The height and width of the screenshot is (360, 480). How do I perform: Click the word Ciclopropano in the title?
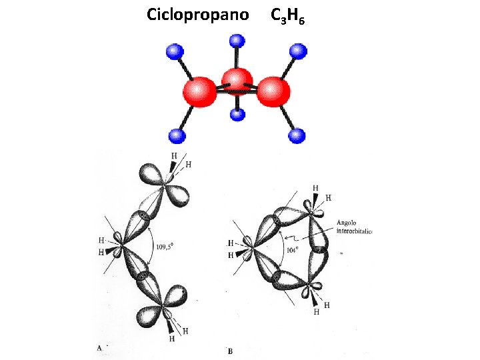pyautogui.click(x=197, y=14)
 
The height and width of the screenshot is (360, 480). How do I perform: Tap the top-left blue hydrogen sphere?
pyautogui.click(x=175, y=51)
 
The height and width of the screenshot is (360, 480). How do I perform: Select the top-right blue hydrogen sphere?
pyautogui.click(x=298, y=51)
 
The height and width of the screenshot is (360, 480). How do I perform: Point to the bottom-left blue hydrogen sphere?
pyautogui.click(x=176, y=136)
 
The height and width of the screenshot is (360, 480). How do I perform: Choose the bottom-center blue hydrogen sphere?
pyautogui.click(x=237, y=114)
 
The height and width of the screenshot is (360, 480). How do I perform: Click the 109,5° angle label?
pyautogui.click(x=164, y=247)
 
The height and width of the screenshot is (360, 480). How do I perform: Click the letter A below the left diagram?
pyautogui.click(x=99, y=347)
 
